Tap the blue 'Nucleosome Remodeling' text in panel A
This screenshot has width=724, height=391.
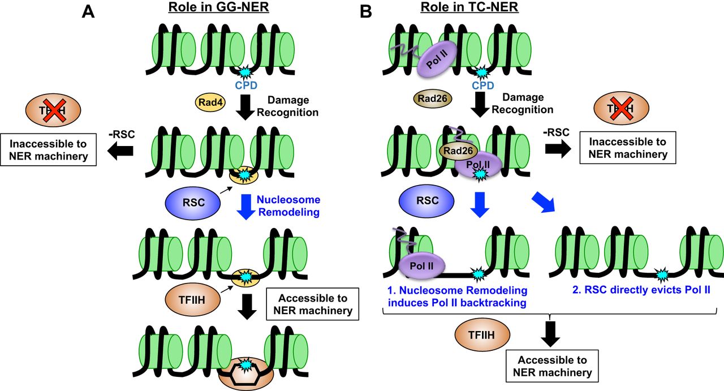pyautogui.click(x=288, y=205)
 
